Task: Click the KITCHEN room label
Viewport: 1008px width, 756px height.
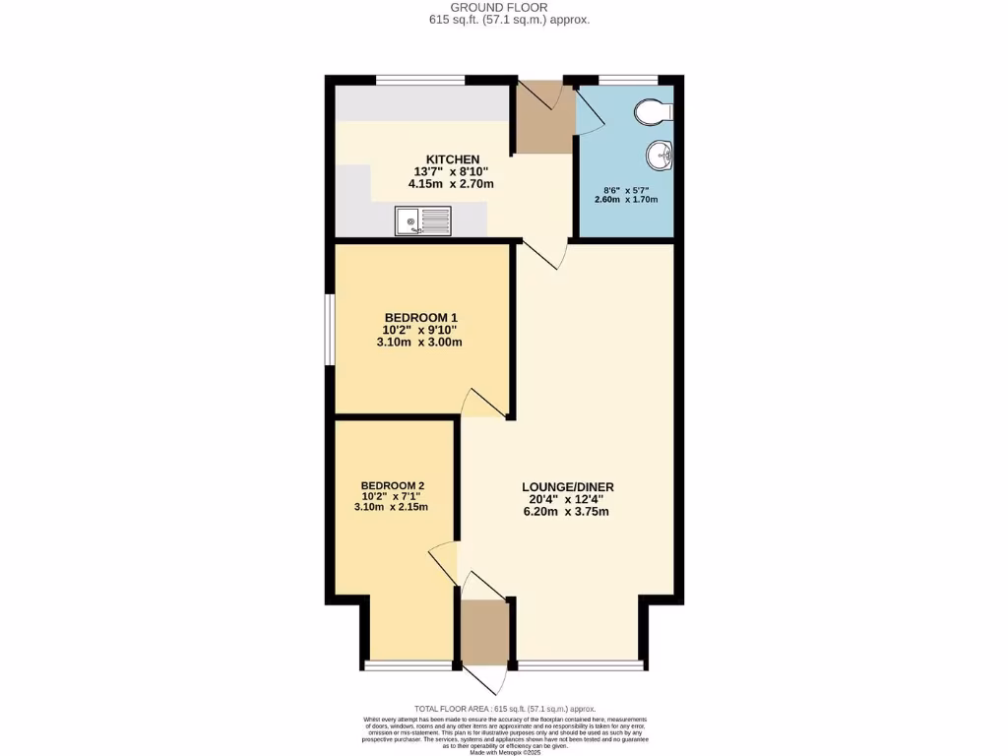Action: click(x=452, y=159)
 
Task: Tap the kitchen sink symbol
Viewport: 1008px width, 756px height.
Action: click(x=422, y=220)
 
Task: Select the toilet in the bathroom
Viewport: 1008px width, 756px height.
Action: click(x=651, y=113)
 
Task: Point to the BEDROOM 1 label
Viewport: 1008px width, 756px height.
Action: click(x=420, y=317)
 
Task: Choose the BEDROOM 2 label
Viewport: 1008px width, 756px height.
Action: click(x=392, y=485)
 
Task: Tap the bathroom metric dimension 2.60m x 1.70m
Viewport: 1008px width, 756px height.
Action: click(x=626, y=200)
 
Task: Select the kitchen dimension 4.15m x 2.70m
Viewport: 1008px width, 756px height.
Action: click(x=451, y=184)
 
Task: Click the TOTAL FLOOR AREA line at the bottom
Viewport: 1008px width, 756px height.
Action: click(x=504, y=709)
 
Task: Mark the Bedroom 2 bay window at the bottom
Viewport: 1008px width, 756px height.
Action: click(x=409, y=666)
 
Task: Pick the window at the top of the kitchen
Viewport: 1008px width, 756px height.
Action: click(x=420, y=80)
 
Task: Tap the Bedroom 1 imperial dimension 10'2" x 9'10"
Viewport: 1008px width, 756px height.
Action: click(x=420, y=330)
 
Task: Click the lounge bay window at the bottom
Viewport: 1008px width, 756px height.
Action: click(x=581, y=666)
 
